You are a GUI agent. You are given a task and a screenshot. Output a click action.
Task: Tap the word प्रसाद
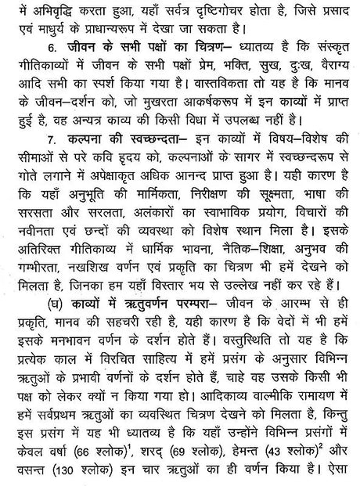[334, 11]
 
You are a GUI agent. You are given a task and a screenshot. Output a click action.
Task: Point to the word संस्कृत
[332, 59]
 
